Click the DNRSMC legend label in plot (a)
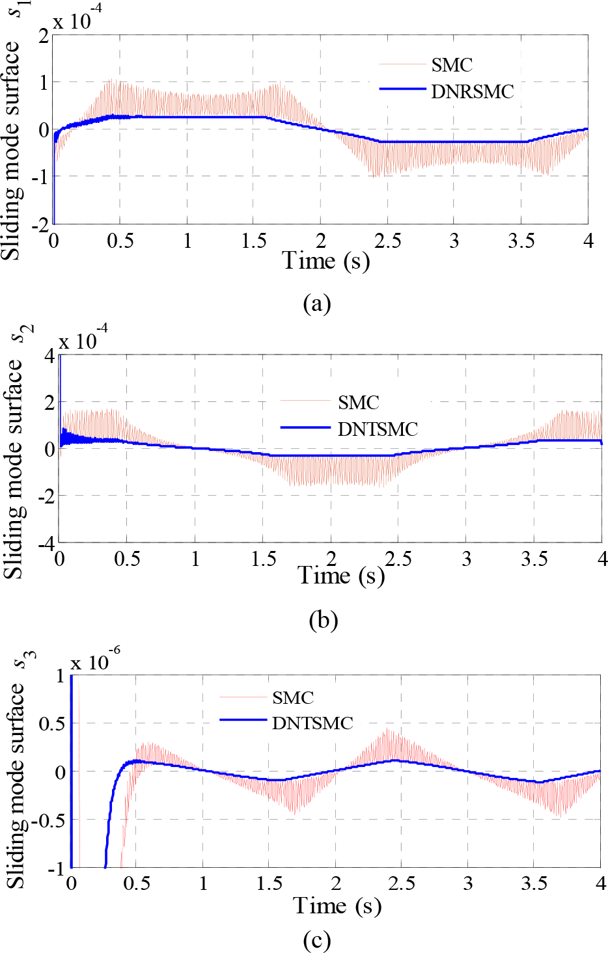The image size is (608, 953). (x=473, y=92)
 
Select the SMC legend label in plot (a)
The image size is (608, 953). (x=452, y=65)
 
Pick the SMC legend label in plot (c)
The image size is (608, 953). (x=293, y=697)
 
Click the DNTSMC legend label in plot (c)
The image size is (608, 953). (x=312, y=723)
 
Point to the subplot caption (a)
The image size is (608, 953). (x=317, y=304)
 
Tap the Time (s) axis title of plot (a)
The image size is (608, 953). (x=326, y=260)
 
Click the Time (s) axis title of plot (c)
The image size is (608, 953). (x=337, y=906)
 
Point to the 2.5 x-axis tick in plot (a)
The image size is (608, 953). (x=387, y=241)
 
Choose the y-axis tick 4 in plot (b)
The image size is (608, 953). (x=49, y=356)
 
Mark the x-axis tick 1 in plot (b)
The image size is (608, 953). (x=195, y=559)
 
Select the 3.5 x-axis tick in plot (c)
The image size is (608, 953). (x=534, y=871)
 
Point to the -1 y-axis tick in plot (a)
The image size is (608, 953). (x=40, y=176)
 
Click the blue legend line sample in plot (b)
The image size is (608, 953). (x=306, y=427)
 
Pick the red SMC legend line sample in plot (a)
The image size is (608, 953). (x=403, y=64)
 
